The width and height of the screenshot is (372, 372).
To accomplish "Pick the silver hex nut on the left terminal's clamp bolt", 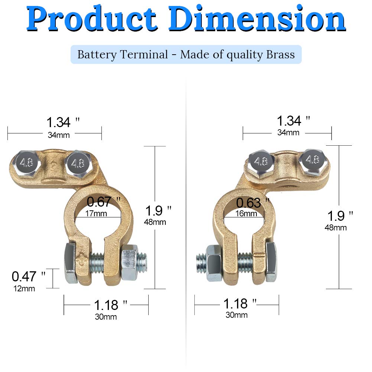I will [130, 262].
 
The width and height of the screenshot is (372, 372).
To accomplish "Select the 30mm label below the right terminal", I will [236, 315].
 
